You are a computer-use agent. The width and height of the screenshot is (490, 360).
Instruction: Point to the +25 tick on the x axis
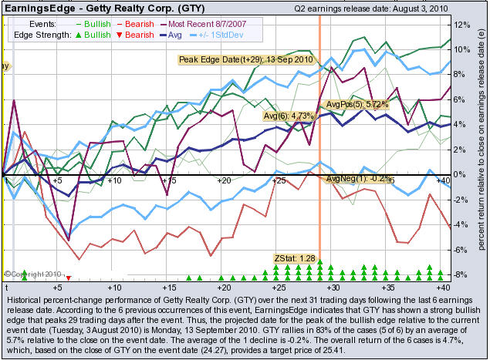coord(277,180)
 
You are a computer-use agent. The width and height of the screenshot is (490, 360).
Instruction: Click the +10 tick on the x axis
coord(114,180)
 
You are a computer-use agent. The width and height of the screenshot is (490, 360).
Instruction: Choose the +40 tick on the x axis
coord(442,180)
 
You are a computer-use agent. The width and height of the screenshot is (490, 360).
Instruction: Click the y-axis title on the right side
coord(481,146)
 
